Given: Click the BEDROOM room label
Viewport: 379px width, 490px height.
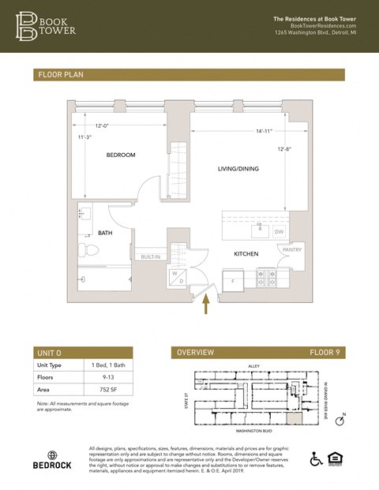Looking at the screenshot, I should (122, 155).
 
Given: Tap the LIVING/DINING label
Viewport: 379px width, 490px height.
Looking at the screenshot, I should (238, 169).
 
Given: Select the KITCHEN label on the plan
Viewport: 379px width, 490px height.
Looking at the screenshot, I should (246, 254).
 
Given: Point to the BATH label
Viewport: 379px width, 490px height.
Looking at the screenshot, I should (105, 233).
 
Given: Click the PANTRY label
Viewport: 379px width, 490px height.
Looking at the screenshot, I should (291, 250).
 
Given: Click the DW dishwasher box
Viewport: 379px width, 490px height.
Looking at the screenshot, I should (279, 232).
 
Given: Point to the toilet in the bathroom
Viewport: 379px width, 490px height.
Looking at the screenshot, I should (88, 251).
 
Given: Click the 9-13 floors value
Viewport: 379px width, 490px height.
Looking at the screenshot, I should (96, 377).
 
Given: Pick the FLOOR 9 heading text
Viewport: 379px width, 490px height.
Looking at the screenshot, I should (324, 353).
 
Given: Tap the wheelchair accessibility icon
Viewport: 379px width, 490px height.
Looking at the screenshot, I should (317, 458).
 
